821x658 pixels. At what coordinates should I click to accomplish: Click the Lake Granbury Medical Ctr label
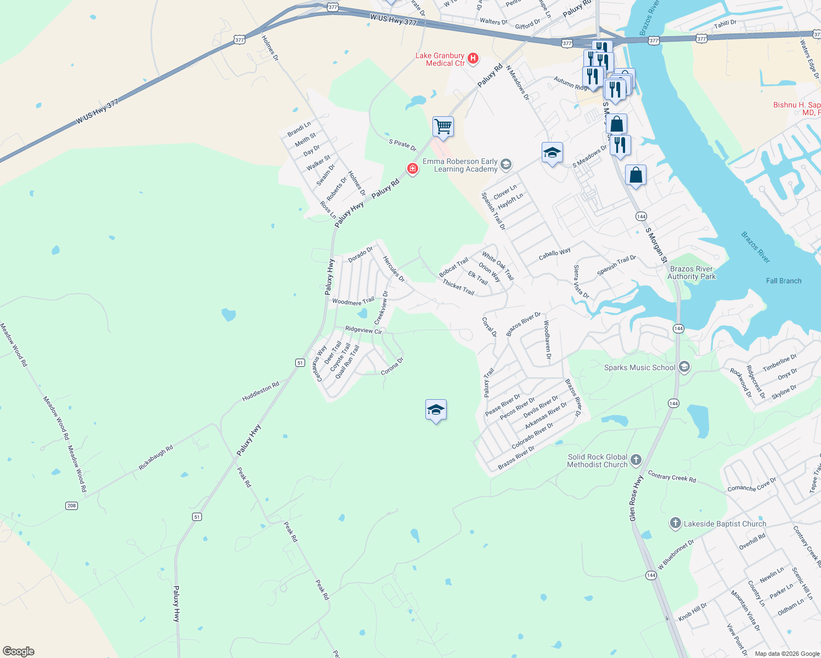(440, 59)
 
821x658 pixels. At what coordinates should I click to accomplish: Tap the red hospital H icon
(473, 58)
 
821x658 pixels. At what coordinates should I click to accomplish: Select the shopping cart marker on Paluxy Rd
(443, 127)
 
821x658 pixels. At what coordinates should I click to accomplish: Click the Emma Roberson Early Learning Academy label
(460, 165)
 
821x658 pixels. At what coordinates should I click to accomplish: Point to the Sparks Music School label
(639, 367)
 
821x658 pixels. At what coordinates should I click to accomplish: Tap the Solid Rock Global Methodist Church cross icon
(636, 460)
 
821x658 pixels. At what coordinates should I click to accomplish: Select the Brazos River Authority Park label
(691, 273)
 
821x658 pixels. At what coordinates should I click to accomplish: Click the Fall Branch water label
(783, 281)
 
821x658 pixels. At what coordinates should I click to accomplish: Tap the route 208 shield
(71, 506)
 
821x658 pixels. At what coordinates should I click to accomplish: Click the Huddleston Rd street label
(261, 392)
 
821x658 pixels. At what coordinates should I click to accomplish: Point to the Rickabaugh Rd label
(155, 457)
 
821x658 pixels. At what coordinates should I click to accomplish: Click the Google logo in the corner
(19, 651)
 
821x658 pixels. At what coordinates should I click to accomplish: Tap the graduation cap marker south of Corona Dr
(436, 410)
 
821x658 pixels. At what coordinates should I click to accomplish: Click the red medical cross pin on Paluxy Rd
(412, 168)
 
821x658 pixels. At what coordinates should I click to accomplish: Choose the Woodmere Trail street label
(353, 301)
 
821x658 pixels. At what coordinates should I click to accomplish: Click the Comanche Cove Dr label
(752, 485)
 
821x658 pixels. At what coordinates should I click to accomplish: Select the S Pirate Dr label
(403, 145)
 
